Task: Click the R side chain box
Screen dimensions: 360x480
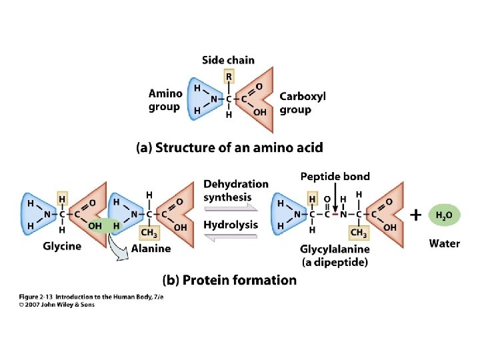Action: pyautogui.click(x=229, y=77)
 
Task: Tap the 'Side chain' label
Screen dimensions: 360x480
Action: pyautogui.click(x=228, y=60)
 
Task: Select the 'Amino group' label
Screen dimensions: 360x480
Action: pyautogui.click(x=165, y=100)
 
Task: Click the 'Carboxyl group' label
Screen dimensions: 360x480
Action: pyautogui.click(x=303, y=103)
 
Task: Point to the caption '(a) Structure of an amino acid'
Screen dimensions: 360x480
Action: pyautogui.click(x=229, y=147)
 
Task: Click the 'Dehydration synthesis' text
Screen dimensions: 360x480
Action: pyautogui.click(x=235, y=190)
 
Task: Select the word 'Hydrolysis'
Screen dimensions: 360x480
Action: pyautogui.click(x=231, y=225)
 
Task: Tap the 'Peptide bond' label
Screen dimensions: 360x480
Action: pyautogui.click(x=335, y=177)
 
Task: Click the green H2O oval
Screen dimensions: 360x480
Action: pyautogui.click(x=443, y=215)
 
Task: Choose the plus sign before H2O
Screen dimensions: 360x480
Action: pyautogui.click(x=416, y=215)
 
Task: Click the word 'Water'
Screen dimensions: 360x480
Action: pyautogui.click(x=444, y=243)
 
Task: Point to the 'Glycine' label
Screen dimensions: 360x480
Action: pyautogui.click(x=62, y=246)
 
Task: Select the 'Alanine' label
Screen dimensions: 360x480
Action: pyautogui.click(x=151, y=248)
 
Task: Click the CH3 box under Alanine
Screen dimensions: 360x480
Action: pyautogui.click(x=149, y=232)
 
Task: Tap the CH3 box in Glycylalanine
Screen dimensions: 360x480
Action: pyautogui.click(x=359, y=233)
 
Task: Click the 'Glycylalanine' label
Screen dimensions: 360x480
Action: pyautogui.click(x=335, y=249)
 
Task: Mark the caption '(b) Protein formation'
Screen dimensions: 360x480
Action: pyautogui.click(x=230, y=280)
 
